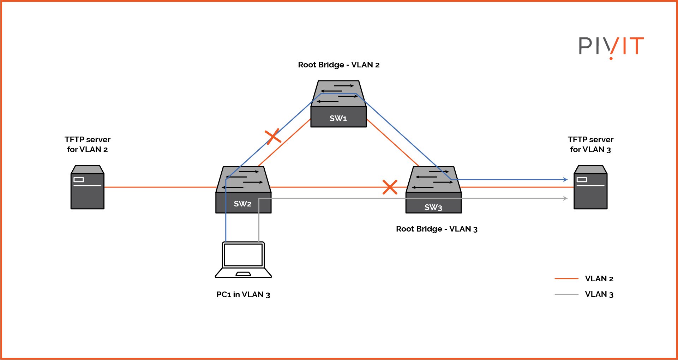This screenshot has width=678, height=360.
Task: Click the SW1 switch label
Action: click(x=338, y=118)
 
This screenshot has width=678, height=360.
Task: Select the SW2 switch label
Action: click(x=242, y=204)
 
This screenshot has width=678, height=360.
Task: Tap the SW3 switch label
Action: click(x=433, y=207)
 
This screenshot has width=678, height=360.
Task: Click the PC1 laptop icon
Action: click(x=243, y=260)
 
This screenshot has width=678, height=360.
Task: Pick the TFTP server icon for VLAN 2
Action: click(x=88, y=187)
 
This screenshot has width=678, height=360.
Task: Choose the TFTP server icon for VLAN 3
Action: click(x=590, y=187)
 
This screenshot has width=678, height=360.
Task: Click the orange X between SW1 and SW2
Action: click(x=273, y=136)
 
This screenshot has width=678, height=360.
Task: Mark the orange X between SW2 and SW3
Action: click(x=390, y=187)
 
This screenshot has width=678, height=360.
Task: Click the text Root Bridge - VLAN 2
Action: click(x=338, y=65)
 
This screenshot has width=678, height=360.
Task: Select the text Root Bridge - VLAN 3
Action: click(x=437, y=229)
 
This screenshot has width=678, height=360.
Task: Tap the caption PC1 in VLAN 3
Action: click(x=243, y=295)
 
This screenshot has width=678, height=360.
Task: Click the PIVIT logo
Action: click(x=611, y=47)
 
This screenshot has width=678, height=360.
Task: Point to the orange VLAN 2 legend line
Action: click(x=566, y=279)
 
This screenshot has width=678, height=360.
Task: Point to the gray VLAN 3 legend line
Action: click(x=566, y=294)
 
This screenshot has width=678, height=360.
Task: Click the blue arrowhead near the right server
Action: click(x=565, y=180)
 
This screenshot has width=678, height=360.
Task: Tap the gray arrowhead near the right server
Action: click(x=565, y=198)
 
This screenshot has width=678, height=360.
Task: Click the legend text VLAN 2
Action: click(x=599, y=279)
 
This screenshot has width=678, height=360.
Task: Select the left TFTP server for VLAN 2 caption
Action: click(x=88, y=144)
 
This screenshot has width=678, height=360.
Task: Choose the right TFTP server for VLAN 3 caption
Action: click(x=590, y=144)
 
